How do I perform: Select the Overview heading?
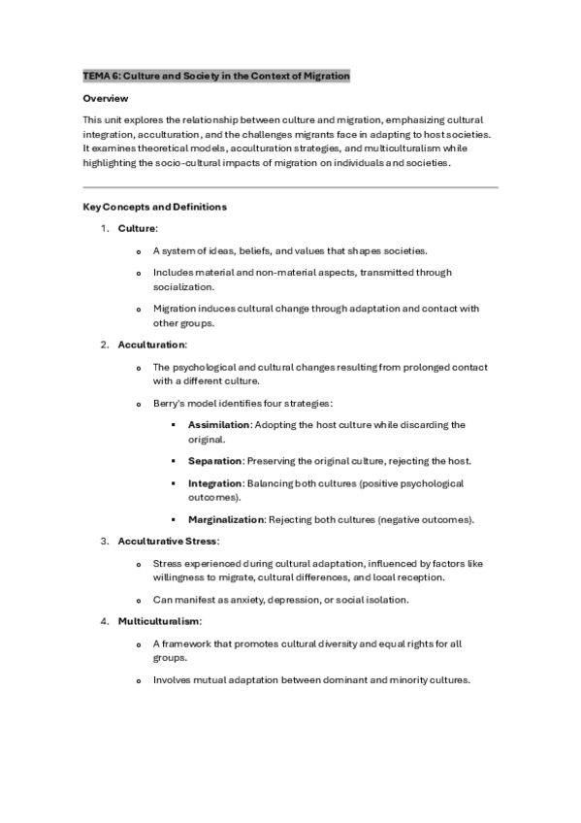[x=106, y=99]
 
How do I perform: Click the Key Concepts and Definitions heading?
[x=155, y=207]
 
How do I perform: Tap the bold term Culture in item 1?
[x=136, y=228]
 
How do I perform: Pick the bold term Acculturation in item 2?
[x=152, y=345]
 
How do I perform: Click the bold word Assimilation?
[x=219, y=425]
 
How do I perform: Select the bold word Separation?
[x=215, y=460]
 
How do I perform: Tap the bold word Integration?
[x=214, y=483]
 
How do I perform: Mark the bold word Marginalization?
[x=226, y=519]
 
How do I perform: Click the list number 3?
[x=104, y=541]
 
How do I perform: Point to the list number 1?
[x=104, y=228]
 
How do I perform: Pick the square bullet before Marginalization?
[x=173, y=519]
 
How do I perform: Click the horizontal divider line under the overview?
[x=290, y=186]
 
